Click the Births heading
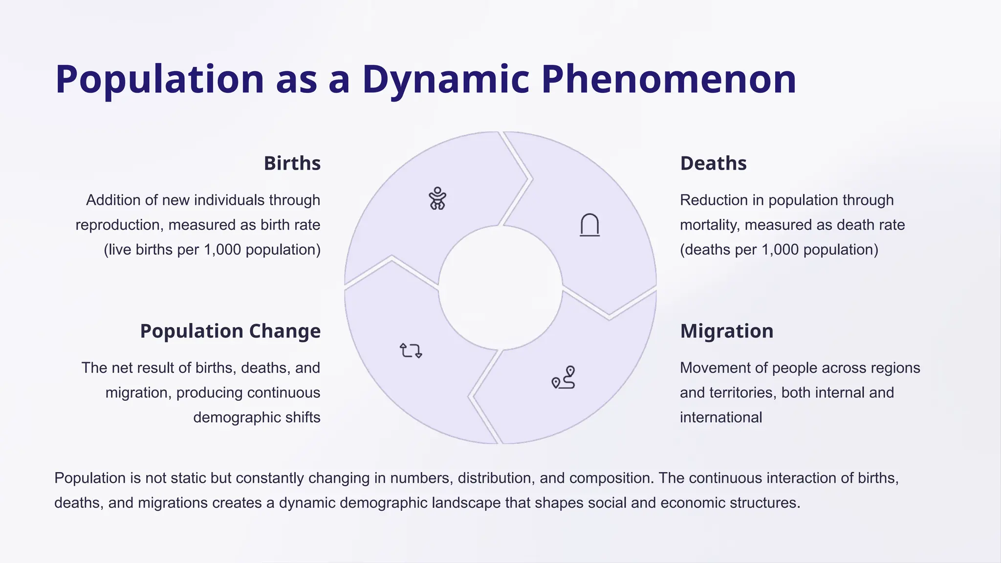[292, 163]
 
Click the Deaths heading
[713, 163]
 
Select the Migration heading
[726, 331]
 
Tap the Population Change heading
[230, 331]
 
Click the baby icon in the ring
[437, 198]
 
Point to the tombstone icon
[589, 225]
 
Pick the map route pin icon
[564, 378]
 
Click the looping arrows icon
[411, 350]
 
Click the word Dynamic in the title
[445, 79]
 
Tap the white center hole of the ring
[500, 287]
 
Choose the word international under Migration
[720, 417]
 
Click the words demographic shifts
[257, 417]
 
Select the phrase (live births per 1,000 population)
[212, 250]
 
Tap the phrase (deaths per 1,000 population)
[779, 250]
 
